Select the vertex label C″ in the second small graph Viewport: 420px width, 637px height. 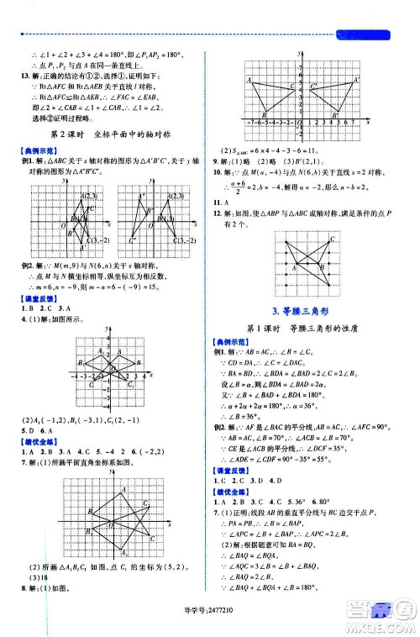(x=133, y=241)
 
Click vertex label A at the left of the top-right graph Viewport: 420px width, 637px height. (x=249, y=79)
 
